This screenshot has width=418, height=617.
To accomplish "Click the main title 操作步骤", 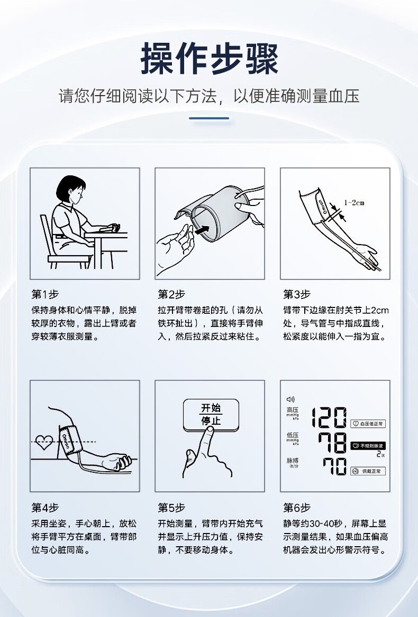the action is tap(209, 59).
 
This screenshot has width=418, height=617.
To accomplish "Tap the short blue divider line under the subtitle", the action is tap(209, 118).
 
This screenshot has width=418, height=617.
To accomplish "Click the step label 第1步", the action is tap(46, 294).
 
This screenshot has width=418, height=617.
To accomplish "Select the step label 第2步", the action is tap(171, 294).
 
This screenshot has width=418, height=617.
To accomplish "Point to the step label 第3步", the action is tap(297, 294).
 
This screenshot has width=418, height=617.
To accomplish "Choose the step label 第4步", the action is tap(46, 508).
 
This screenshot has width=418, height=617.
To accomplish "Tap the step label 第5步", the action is tap(171, 508).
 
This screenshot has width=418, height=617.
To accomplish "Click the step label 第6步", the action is tap(297, 508).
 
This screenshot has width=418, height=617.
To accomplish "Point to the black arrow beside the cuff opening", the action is tap(203, 229).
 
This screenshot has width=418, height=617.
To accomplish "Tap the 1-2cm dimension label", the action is tap(354, 203).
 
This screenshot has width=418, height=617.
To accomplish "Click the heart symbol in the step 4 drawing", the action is tap(44, 442).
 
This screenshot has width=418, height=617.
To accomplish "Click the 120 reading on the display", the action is tap(329, 417).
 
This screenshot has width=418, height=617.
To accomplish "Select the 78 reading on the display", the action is tap(332, 443).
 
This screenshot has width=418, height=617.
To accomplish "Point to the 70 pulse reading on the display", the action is tap(335, 466).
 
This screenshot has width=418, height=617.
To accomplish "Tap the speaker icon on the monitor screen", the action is tap(290, 399).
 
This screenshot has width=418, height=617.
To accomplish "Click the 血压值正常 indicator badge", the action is tap(368, 424).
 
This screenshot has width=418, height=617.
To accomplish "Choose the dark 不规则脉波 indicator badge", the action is tap(368, 446).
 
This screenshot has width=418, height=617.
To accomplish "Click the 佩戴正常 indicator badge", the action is tap(368, 471).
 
